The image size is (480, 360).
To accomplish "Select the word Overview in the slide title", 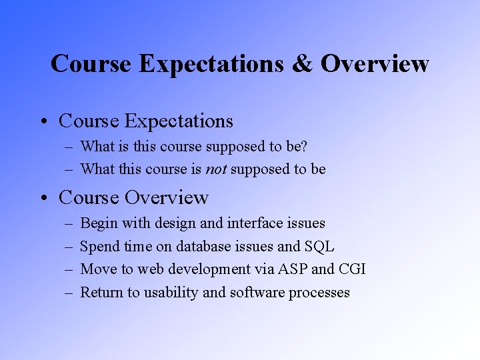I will point(374,64).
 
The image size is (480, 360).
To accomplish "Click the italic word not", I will point(216,169).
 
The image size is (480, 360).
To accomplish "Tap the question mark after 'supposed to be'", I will point(304,146).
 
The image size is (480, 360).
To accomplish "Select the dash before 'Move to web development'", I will point(68,270).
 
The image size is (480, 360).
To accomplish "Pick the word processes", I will point(319,293).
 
